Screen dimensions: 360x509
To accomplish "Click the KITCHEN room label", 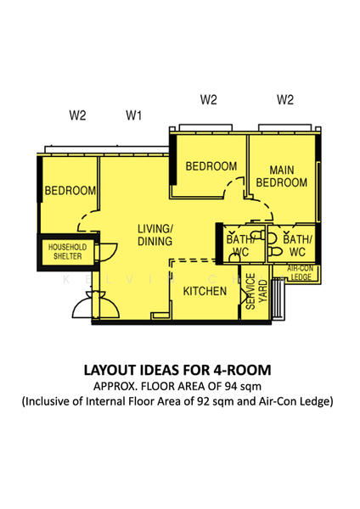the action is click(205, 291).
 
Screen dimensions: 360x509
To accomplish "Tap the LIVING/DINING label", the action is click(155, 235).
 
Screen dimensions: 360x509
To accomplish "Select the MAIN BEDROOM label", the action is click(281, 176).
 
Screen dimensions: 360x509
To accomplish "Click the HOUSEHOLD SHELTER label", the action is click(68, 252).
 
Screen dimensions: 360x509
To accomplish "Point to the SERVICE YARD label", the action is click(256, 291).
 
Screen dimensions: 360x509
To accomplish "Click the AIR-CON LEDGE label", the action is click(301, 273).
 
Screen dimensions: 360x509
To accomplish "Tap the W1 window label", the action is click(134, 115).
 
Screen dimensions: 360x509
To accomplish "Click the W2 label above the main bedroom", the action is click(285, 99).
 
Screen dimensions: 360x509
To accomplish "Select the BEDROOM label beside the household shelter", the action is click(70, 191).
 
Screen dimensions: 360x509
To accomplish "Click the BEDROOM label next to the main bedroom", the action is click(211, 166).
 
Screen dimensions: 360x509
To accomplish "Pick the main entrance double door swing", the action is click(96, 305).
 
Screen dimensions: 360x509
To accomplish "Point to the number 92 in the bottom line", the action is click(204, 401).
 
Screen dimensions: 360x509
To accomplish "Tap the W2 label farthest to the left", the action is click(77, 115).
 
